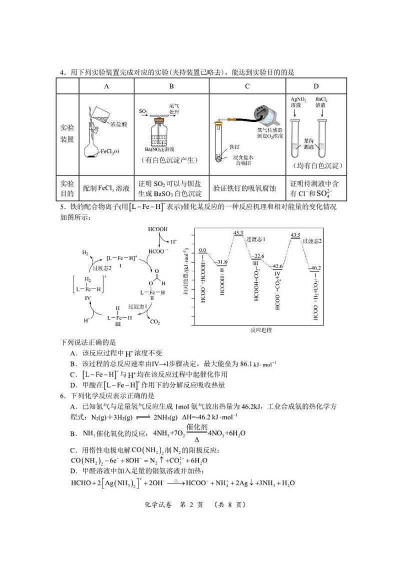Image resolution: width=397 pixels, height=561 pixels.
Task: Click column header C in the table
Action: tap(247, 86)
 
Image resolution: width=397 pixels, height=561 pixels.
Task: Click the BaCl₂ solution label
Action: tap(321, 102)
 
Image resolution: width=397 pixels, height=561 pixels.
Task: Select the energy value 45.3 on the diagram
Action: tap(238, 233)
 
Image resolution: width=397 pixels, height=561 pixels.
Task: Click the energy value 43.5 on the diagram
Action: tap(295, 235)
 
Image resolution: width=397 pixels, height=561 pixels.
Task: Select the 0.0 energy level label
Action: tap(202, 250)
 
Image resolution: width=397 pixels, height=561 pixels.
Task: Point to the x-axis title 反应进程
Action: tap(261, 330)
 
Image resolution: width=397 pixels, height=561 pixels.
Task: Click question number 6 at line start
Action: tap(63, 395)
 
